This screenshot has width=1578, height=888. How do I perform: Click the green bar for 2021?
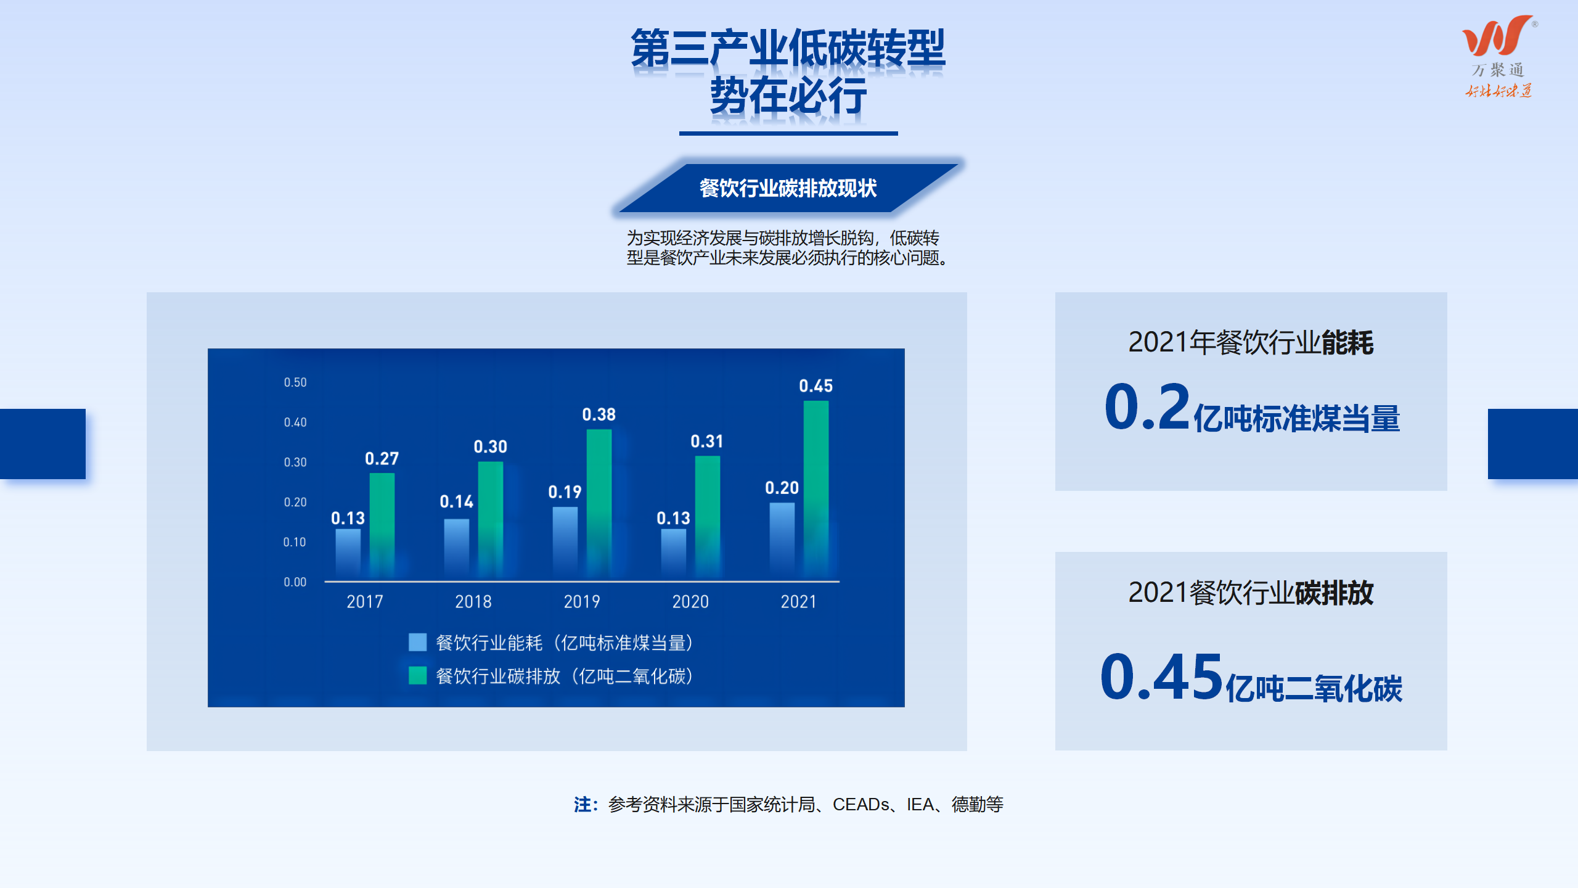[816, 491]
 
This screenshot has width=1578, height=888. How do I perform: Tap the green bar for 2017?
[382, 527]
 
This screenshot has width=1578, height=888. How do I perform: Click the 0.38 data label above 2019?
[599, 414]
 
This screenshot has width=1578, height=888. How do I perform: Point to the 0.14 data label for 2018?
[456, 501]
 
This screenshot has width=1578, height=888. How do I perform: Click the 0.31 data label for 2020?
[707, 442]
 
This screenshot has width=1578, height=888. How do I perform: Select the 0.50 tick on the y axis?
[295, 382]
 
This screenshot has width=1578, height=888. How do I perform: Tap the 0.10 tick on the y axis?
[295, 542]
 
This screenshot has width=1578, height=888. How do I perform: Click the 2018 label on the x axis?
[473, 602]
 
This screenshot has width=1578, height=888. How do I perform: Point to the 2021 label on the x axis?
[798, 602]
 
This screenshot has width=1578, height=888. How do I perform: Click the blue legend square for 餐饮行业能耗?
[417, 643]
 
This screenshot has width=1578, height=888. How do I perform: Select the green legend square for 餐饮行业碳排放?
[417, 676]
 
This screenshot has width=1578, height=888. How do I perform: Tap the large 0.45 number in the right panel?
[1161, 677]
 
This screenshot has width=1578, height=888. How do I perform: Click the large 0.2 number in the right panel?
[1147, 407]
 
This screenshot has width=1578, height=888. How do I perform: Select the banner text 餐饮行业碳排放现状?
[788, 188]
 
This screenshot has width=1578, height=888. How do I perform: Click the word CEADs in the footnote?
[861, 805]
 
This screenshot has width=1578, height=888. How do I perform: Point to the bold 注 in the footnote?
[583, 805]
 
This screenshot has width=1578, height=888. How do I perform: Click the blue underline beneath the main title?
[788, 133]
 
